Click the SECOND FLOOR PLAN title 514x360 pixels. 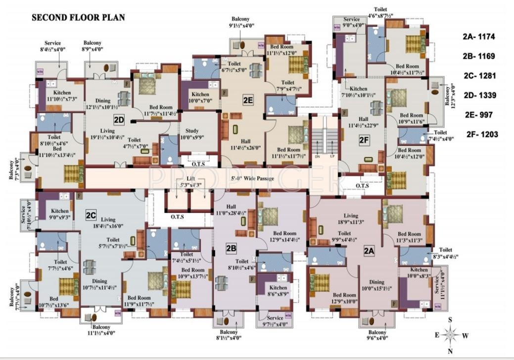click(x=78, y=18)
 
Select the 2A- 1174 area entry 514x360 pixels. click(x=478, y=37)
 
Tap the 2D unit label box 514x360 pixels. click(x=119, y=119)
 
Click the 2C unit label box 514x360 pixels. click(x=91, y=215)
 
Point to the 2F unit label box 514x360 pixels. click(x=365, y=140)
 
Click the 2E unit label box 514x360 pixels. click(x=248, y=100)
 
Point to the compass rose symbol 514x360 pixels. click(x=451, y=335)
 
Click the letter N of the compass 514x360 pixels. click(x=451, y=352)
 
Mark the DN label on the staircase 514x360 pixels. click(x=317, y=156)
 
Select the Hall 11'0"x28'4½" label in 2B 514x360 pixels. click(x=233, y=210)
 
